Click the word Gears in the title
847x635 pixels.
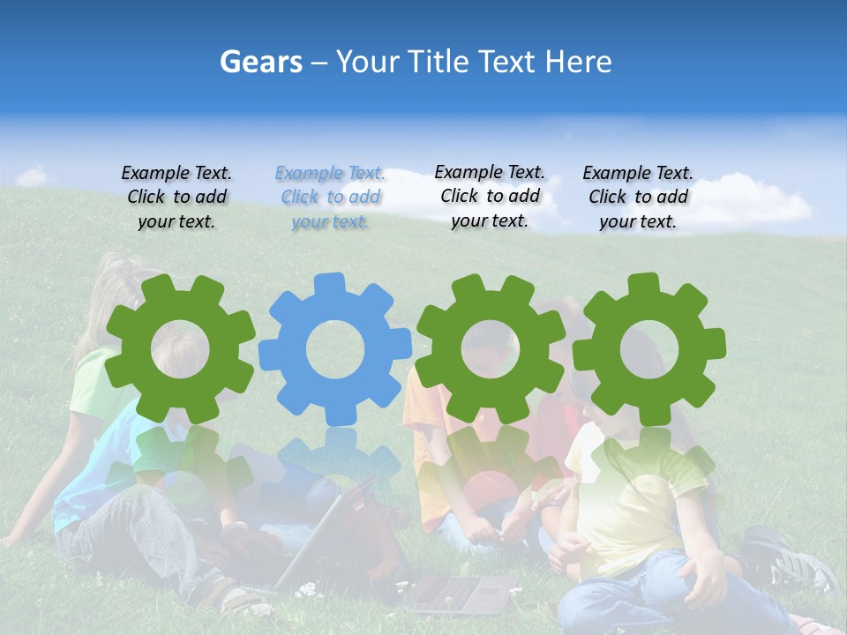coord(260,62)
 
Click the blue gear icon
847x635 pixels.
coord(335,348)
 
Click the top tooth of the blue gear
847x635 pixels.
coord(328,285)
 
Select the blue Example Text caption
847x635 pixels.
coord(331,198)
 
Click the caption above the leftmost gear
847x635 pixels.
coord(176,198)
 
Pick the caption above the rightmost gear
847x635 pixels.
coord(638,198)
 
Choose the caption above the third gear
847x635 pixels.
coord(490,197)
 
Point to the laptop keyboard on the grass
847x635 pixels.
coord(459,593)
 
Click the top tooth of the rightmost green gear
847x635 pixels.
coord(642,284)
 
